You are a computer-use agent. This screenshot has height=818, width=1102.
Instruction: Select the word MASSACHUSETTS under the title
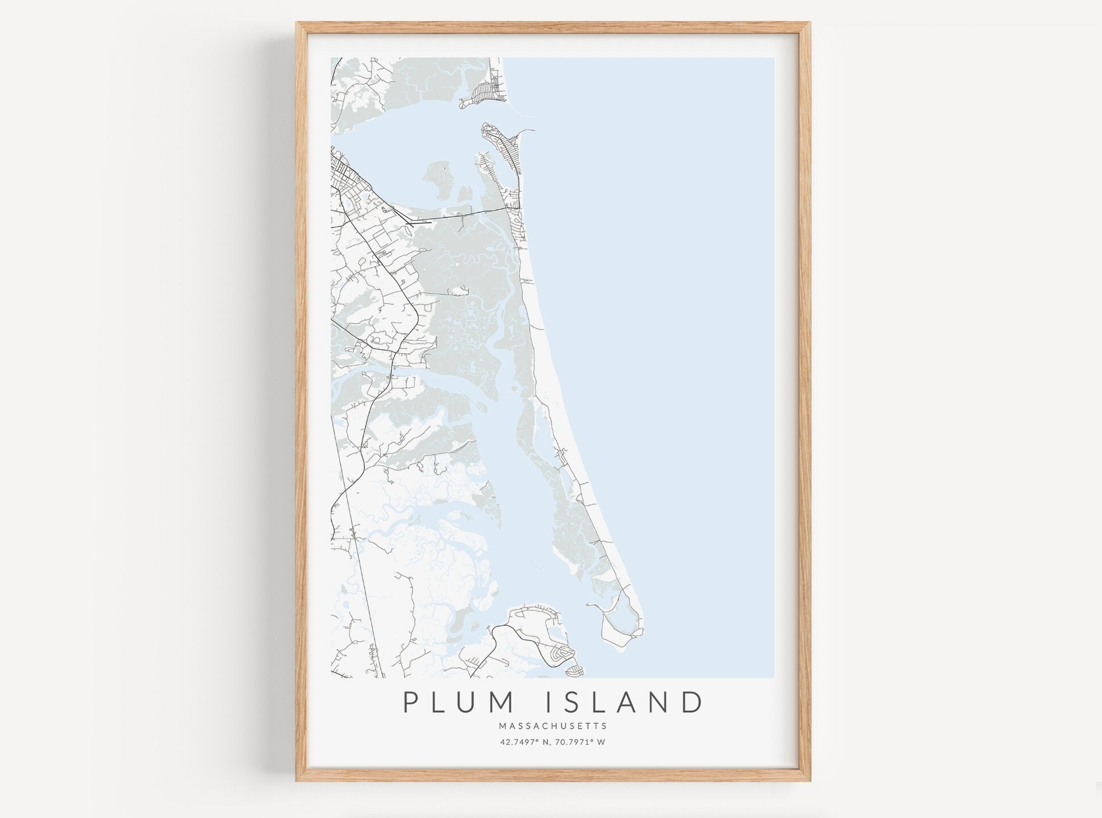(553, 726)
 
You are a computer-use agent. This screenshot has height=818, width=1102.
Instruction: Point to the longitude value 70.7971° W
(580, 742)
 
